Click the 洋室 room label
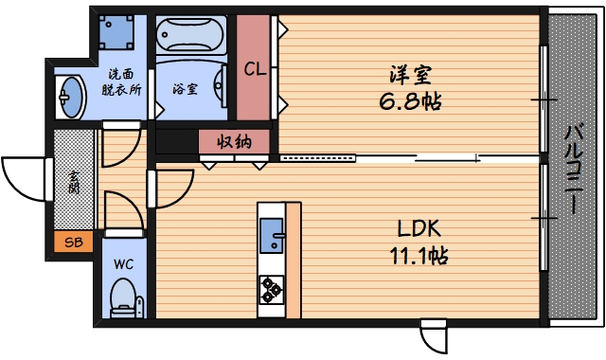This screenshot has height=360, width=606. pyautogui.click(x=410, y=74)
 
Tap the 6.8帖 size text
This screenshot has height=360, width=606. pyautogui.click(x=410, y=99)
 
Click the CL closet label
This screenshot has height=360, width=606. pyautogui.click(x=253, y=69)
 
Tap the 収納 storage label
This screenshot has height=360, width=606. pyautogui.click(x=234, y=143)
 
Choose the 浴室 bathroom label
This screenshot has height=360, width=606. pyautogui.click(x=185, y=89)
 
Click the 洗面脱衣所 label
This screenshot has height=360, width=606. pyautogui.click(x=121, y=83)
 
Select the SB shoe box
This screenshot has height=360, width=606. pyautogui.click(x=73, y=242)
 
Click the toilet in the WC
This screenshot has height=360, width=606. pyautogui.click(x=123, y=302)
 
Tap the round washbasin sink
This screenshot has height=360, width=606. pyautogui.click(x=69, y=96)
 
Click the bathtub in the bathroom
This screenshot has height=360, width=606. pyautogui.click(x=189, y=37)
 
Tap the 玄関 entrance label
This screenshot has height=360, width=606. pyautogui.click(x=73, y=181)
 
